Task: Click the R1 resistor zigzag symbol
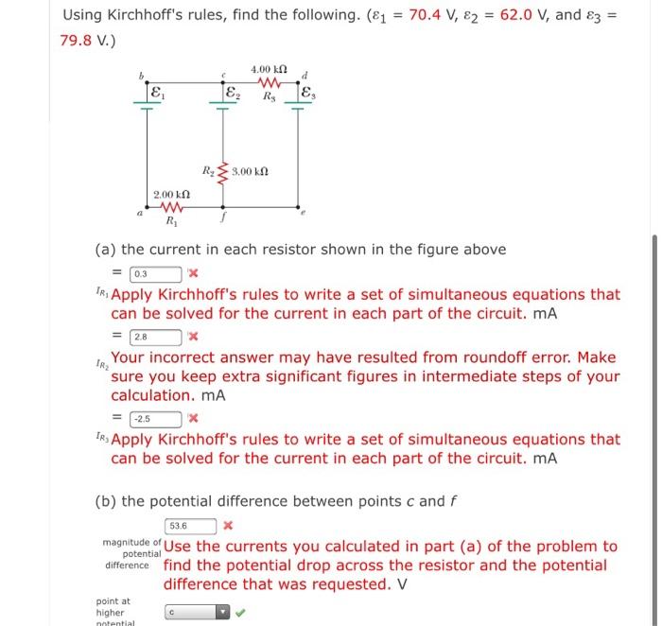point(170,210)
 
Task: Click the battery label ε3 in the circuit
point(306,95)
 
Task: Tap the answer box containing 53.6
point(190,526)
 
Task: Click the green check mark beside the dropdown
point(241,612)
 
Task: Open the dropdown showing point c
point(197,612)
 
